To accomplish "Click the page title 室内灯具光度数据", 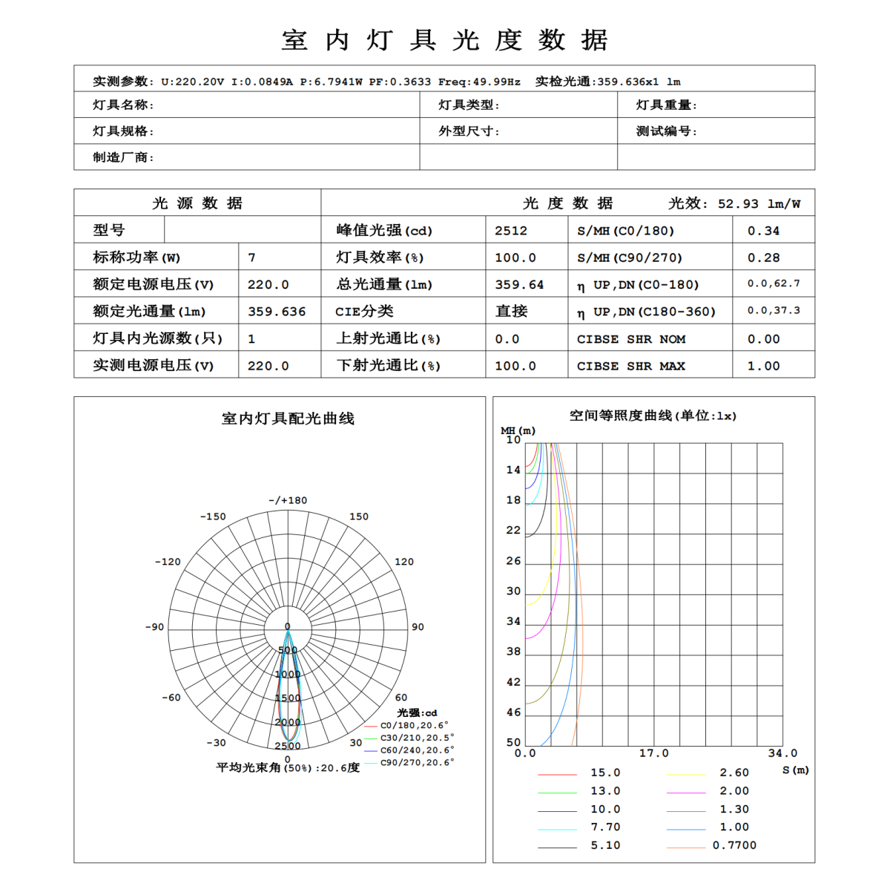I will pos(445,40).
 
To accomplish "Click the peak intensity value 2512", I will pos(511,231).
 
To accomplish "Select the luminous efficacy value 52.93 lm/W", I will pos(759,204).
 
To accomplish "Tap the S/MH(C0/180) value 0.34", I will pos(763,231).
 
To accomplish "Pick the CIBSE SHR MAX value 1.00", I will pos(763,366).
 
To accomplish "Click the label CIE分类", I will pos(364,312).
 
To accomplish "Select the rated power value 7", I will pos(252,258).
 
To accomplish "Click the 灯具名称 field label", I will pos(123,105).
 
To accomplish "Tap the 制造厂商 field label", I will pos(123,157).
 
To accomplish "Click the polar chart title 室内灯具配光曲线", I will pos(288,419).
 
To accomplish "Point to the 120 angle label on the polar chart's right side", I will pos(404,562).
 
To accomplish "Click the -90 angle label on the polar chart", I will pos(154,627).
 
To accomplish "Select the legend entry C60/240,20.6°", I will pos(417,750).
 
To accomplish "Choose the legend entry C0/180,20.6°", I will pos(414,726).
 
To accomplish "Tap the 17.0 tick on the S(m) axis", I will pos(653,753).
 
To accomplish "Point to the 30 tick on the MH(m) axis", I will pos(513,591).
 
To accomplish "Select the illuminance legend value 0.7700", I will pos(734,845).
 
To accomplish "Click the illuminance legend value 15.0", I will pos(605,773).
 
